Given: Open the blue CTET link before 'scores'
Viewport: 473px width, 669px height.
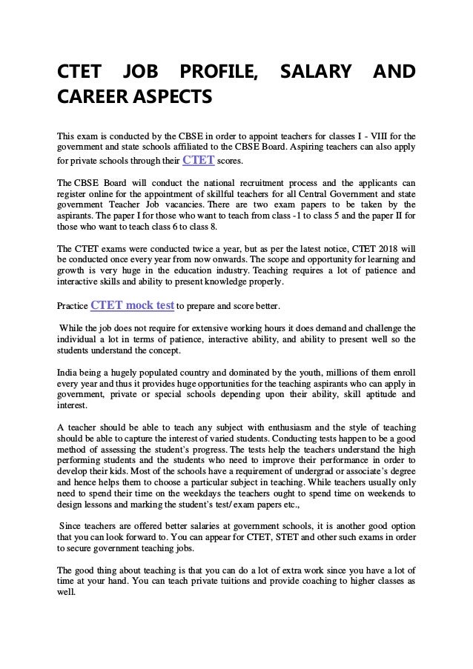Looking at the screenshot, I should click(x=199, y=159).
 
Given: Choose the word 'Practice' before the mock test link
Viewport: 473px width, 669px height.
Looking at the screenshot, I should click(x=72, y=305).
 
